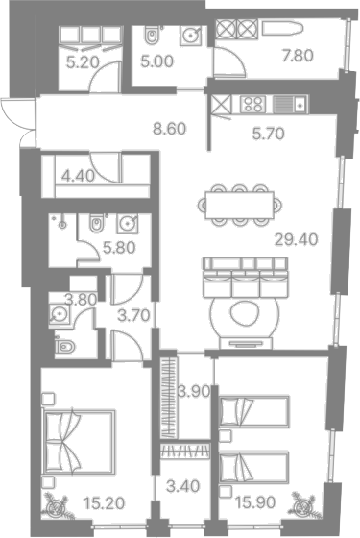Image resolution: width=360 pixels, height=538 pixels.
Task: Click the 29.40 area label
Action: [x=297, y=239]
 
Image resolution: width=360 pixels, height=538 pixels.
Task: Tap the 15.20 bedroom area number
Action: [x=104, y=503]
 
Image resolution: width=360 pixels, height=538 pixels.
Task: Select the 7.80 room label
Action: [x=298, y=56]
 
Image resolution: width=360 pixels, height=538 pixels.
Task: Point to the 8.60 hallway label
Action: [x=170, y=129]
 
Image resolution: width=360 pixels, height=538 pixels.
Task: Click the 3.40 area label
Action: [x=182, y=486]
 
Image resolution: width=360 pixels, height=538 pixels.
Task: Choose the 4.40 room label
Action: [x=78, y=176]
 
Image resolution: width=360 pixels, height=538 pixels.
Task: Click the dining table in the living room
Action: [x=240, y=205]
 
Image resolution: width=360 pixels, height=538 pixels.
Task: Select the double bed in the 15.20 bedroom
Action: [x=78, y=442]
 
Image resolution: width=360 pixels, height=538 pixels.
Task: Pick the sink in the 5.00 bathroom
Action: [x=190, y=35]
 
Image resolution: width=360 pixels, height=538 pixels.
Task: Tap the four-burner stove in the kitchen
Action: [x=253, y=104]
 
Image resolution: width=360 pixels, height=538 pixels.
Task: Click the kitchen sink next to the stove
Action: [x=291, y=104]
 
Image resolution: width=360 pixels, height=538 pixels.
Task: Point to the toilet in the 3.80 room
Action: [x=64, y=346]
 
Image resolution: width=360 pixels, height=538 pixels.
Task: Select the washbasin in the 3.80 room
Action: [x=60, y=313]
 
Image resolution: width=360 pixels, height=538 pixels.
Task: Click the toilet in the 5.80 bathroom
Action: [x=96, y=224]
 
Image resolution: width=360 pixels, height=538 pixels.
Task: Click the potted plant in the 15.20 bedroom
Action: [x=58, y=506]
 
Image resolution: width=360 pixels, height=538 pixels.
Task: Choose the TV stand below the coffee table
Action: [x=246, y=343]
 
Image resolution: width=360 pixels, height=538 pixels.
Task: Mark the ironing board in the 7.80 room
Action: [x=283, y=28]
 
